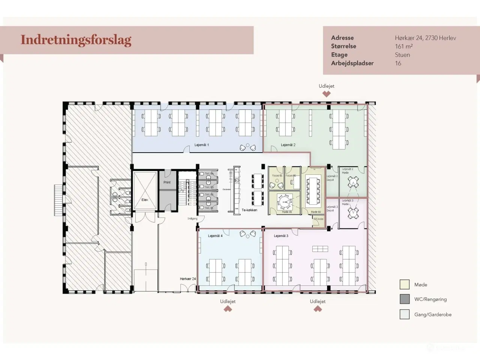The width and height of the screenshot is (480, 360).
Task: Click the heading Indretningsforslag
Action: point(76,40)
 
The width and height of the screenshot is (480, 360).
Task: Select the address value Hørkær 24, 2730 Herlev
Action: point(425,38)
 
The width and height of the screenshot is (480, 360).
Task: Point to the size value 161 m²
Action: point(403,46)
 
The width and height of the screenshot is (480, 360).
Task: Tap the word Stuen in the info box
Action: point(402,55)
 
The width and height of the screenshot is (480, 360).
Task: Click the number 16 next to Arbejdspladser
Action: point(398,63)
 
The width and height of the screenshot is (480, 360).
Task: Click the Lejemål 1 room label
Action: point(202,145)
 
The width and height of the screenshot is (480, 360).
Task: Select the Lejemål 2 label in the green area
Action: point(288,145)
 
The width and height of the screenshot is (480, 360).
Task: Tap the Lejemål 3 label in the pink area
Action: point(281,236)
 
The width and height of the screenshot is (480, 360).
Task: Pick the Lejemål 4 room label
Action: point(215,236)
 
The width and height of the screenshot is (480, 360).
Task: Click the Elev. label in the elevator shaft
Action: point(145,200)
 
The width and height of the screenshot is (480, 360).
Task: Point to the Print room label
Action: point(167,183)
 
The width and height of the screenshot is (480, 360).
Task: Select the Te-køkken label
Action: point(249,210)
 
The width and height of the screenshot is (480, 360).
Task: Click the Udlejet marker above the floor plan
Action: point(326,86)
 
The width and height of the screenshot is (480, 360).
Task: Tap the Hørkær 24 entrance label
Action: point(187,279)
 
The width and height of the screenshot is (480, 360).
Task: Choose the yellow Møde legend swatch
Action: point(404,285)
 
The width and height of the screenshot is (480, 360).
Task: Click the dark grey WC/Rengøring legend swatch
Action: point(404,299)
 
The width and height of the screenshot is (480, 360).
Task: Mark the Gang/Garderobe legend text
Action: point(433,315)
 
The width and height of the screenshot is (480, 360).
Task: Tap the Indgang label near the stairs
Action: point(192,219)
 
